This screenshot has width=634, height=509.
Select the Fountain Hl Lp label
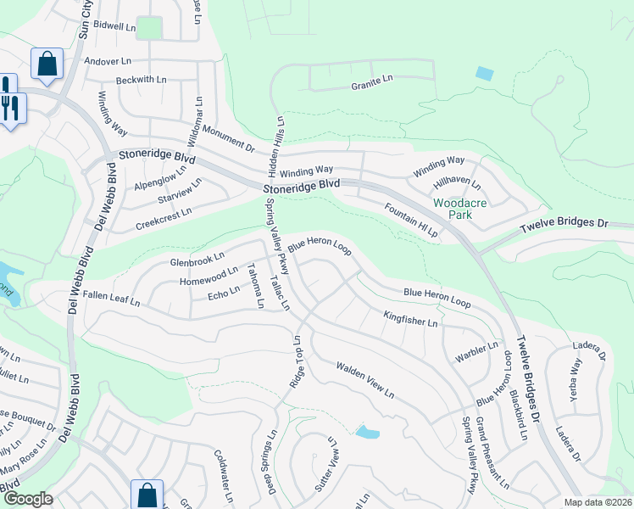(x=410, y=220)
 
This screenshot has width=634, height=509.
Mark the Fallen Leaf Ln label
(x=111, y=298)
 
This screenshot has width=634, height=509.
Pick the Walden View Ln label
(x=364, y=379)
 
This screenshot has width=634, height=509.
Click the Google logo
(x=28, y=499)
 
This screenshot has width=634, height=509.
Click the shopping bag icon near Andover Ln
(x=47, y=64)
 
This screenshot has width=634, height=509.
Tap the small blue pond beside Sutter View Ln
(x=367, y=433)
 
